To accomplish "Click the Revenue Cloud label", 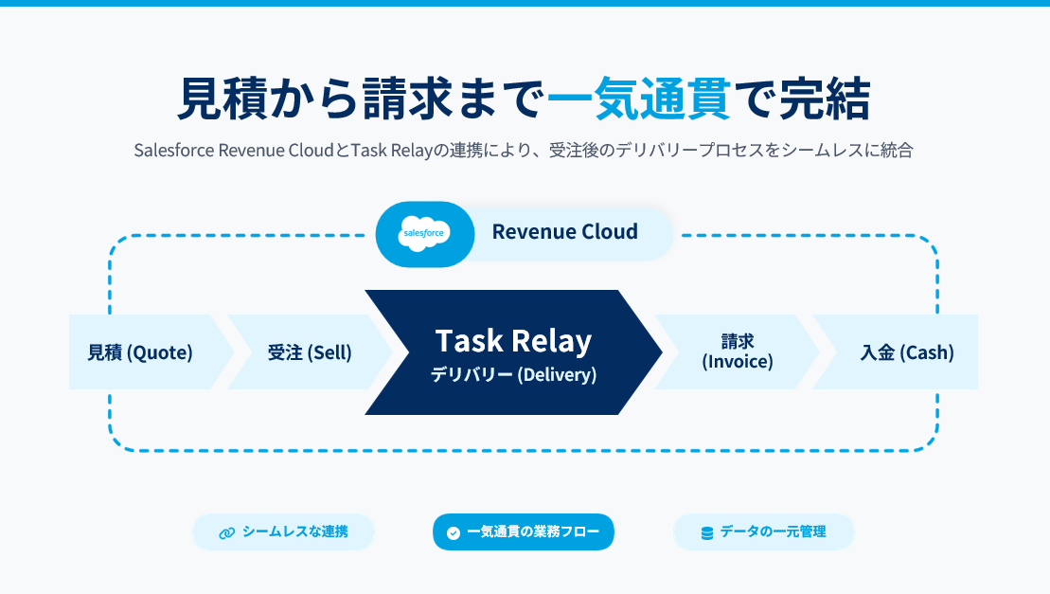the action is pyautogui.click(x=564, y=232).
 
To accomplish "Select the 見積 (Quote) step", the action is pyautogui.click(x=140, y=352).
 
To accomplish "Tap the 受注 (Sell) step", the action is pyautogui.click(x=310, y=352).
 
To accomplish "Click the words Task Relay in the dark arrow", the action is pyautogui.click(x=513, y=341).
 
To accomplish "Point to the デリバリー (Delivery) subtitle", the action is pyautogui.click(x=513, y=375).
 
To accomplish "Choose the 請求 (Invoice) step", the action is pyautogui.click(x=737, y=351).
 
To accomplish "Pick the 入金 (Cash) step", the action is pyautogui.click(x=906, y=352).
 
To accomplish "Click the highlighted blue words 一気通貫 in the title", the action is pyautogui.click(x=640, y=99).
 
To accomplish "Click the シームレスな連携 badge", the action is pyautogui.click(x=283, y=531).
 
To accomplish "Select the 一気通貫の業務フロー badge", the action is pyautogui.click(x=524, y=531).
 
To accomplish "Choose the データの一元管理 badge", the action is pyautogui.click(x=763, y=531).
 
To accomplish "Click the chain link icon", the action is pyautogui.click(x=226, y=532).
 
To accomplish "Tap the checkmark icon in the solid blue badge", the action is pyautogui.click(x=454, y=532).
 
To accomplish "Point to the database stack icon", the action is pyautogui.click(x=706, y=532).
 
